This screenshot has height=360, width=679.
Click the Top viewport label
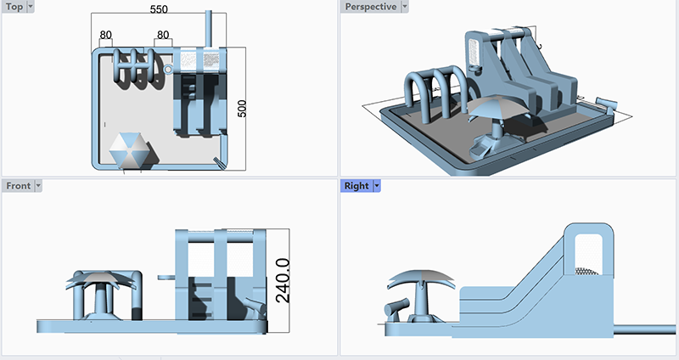pos(14,7)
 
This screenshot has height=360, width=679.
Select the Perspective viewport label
pos(369,7)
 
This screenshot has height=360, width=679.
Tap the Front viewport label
pos(17,186)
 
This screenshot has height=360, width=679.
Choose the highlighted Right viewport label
pos(356,186)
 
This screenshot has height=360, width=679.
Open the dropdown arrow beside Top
pos(31,7)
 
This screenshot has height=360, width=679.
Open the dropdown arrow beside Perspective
pos(404,7)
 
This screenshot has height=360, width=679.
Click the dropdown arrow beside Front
pos(38,186)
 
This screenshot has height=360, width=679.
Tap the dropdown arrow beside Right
pos(377,186)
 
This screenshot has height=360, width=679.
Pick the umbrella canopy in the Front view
pos(100,279)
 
